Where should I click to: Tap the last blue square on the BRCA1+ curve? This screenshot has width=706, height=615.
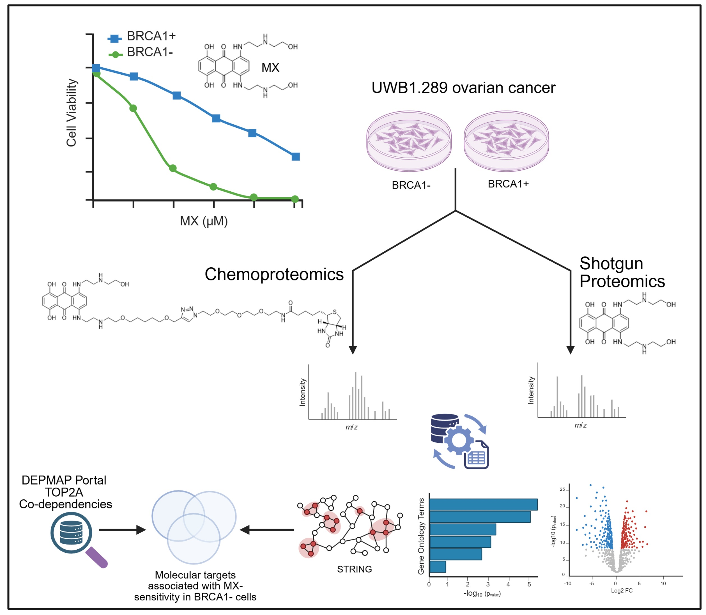(x=295, y=157)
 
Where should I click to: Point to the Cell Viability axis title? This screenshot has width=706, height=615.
(x=71, y=113)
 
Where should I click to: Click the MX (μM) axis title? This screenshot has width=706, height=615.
(x=204, y=221)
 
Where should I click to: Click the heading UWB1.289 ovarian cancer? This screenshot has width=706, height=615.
(x=463, y=88)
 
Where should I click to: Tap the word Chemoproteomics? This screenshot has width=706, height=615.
(x=274, y=275)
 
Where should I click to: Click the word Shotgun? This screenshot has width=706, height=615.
(x=611, y=263)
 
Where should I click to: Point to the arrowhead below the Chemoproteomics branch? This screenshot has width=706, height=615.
(x=353, y=350)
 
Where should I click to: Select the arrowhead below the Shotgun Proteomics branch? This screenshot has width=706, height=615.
(x=570, y=350)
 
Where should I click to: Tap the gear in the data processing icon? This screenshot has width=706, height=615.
(x=458, y=440)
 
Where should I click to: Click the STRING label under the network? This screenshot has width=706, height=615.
(x=354, y=569)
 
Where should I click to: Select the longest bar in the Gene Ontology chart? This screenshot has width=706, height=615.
(x=483, y=504)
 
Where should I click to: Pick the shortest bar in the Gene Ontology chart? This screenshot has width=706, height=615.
(x=437, y=567)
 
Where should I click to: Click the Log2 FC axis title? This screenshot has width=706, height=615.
(x=622, y=591)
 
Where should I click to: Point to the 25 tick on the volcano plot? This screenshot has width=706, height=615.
(x=562, y=489)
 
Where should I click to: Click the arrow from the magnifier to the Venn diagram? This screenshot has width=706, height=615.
(x=122, y=530)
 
